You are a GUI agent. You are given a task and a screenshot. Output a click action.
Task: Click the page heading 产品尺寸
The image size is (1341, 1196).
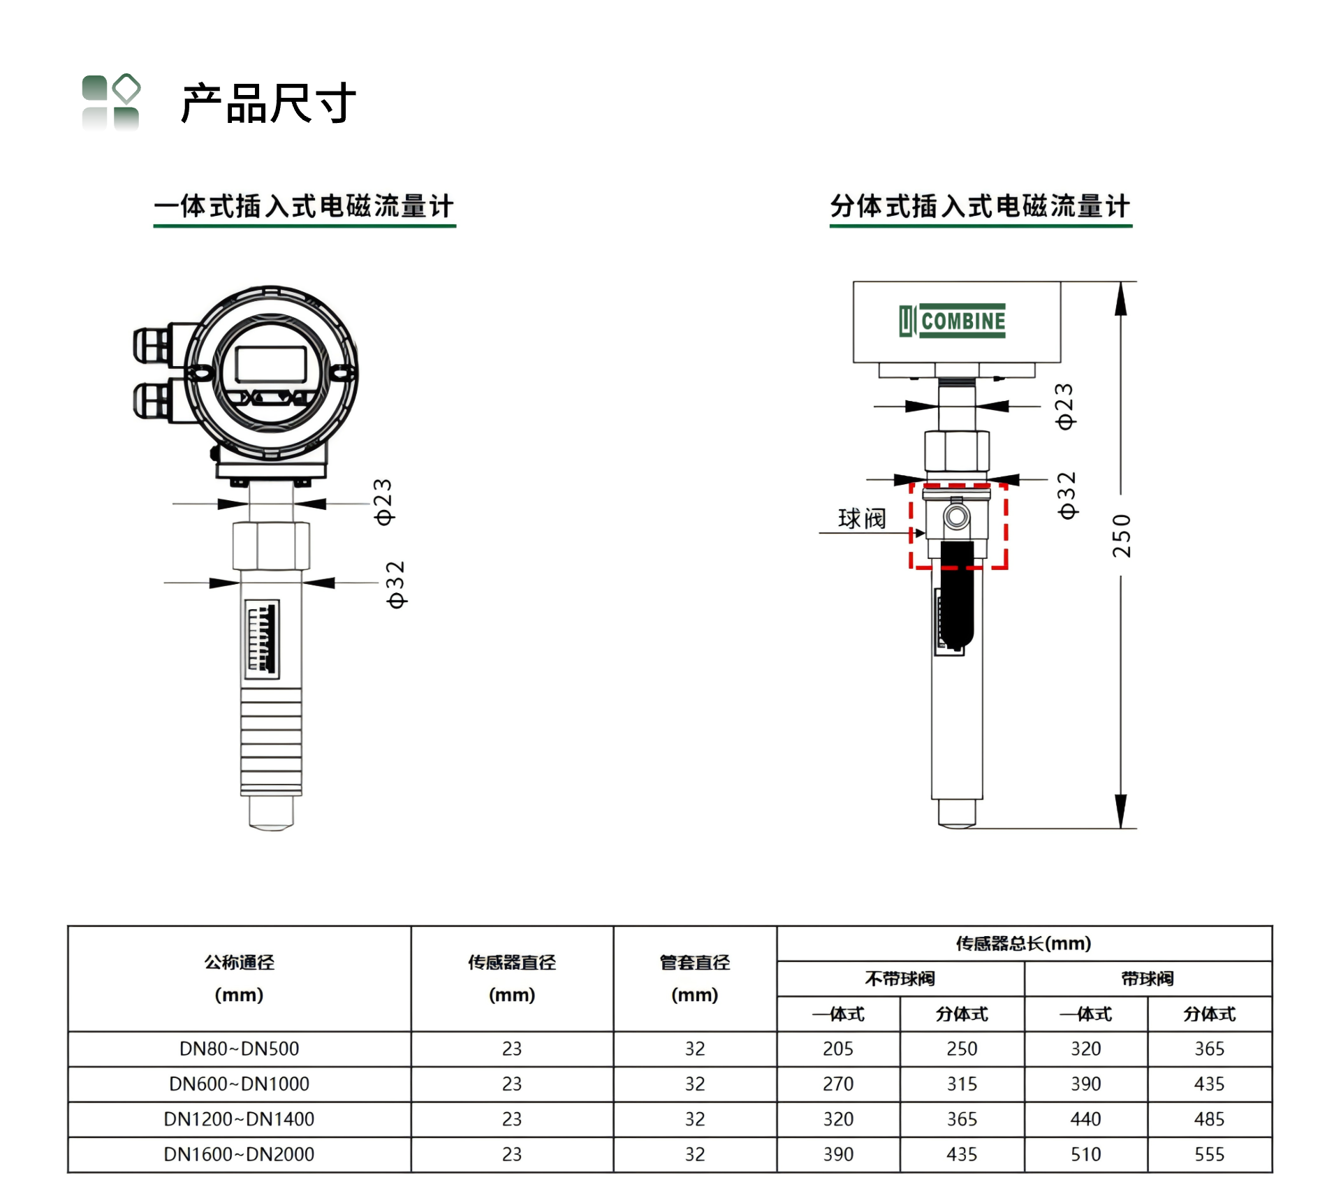click(269, 103)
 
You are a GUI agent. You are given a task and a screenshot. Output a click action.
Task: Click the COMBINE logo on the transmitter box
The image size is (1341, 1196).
click(953, 321)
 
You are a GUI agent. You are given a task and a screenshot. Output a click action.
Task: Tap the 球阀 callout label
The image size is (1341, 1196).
click(862, 518)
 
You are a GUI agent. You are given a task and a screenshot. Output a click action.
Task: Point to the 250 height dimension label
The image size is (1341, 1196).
click(1121, 536)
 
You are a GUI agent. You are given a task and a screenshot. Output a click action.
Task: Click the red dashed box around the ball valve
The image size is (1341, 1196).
click(910, 526)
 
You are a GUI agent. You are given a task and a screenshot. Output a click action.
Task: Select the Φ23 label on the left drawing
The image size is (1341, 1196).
click(383, 502)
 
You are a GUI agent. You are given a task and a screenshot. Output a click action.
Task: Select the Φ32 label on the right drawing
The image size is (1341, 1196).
click(1067, 495)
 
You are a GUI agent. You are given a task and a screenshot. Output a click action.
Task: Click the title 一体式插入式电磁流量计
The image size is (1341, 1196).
click(304, 206)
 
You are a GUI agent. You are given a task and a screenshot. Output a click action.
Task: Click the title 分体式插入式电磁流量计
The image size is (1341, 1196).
click(980, 206)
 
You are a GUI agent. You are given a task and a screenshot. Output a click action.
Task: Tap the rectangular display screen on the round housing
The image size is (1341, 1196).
click(271, 364)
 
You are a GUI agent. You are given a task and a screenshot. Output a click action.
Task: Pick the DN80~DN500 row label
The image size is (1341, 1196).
click(239, 1049)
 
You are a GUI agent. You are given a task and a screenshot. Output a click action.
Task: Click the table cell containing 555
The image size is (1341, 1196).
click(1209, 1154)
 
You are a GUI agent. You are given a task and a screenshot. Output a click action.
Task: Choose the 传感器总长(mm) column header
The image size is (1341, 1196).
click(1023, 944)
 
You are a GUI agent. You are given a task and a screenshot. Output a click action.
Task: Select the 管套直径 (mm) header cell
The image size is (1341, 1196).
click(695, 978)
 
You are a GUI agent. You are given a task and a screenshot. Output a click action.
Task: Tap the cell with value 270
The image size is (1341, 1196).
click(838, 1084)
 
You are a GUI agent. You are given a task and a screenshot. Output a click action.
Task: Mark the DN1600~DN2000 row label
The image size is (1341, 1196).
click(239, 1154)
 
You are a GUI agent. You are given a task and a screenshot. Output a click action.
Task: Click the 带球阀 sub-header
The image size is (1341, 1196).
click(1148, 979)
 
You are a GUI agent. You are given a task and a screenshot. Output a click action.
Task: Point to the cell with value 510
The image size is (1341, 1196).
click(1085, 1154)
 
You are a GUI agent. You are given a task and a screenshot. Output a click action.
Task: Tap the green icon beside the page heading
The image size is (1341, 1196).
click(111, 102)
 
